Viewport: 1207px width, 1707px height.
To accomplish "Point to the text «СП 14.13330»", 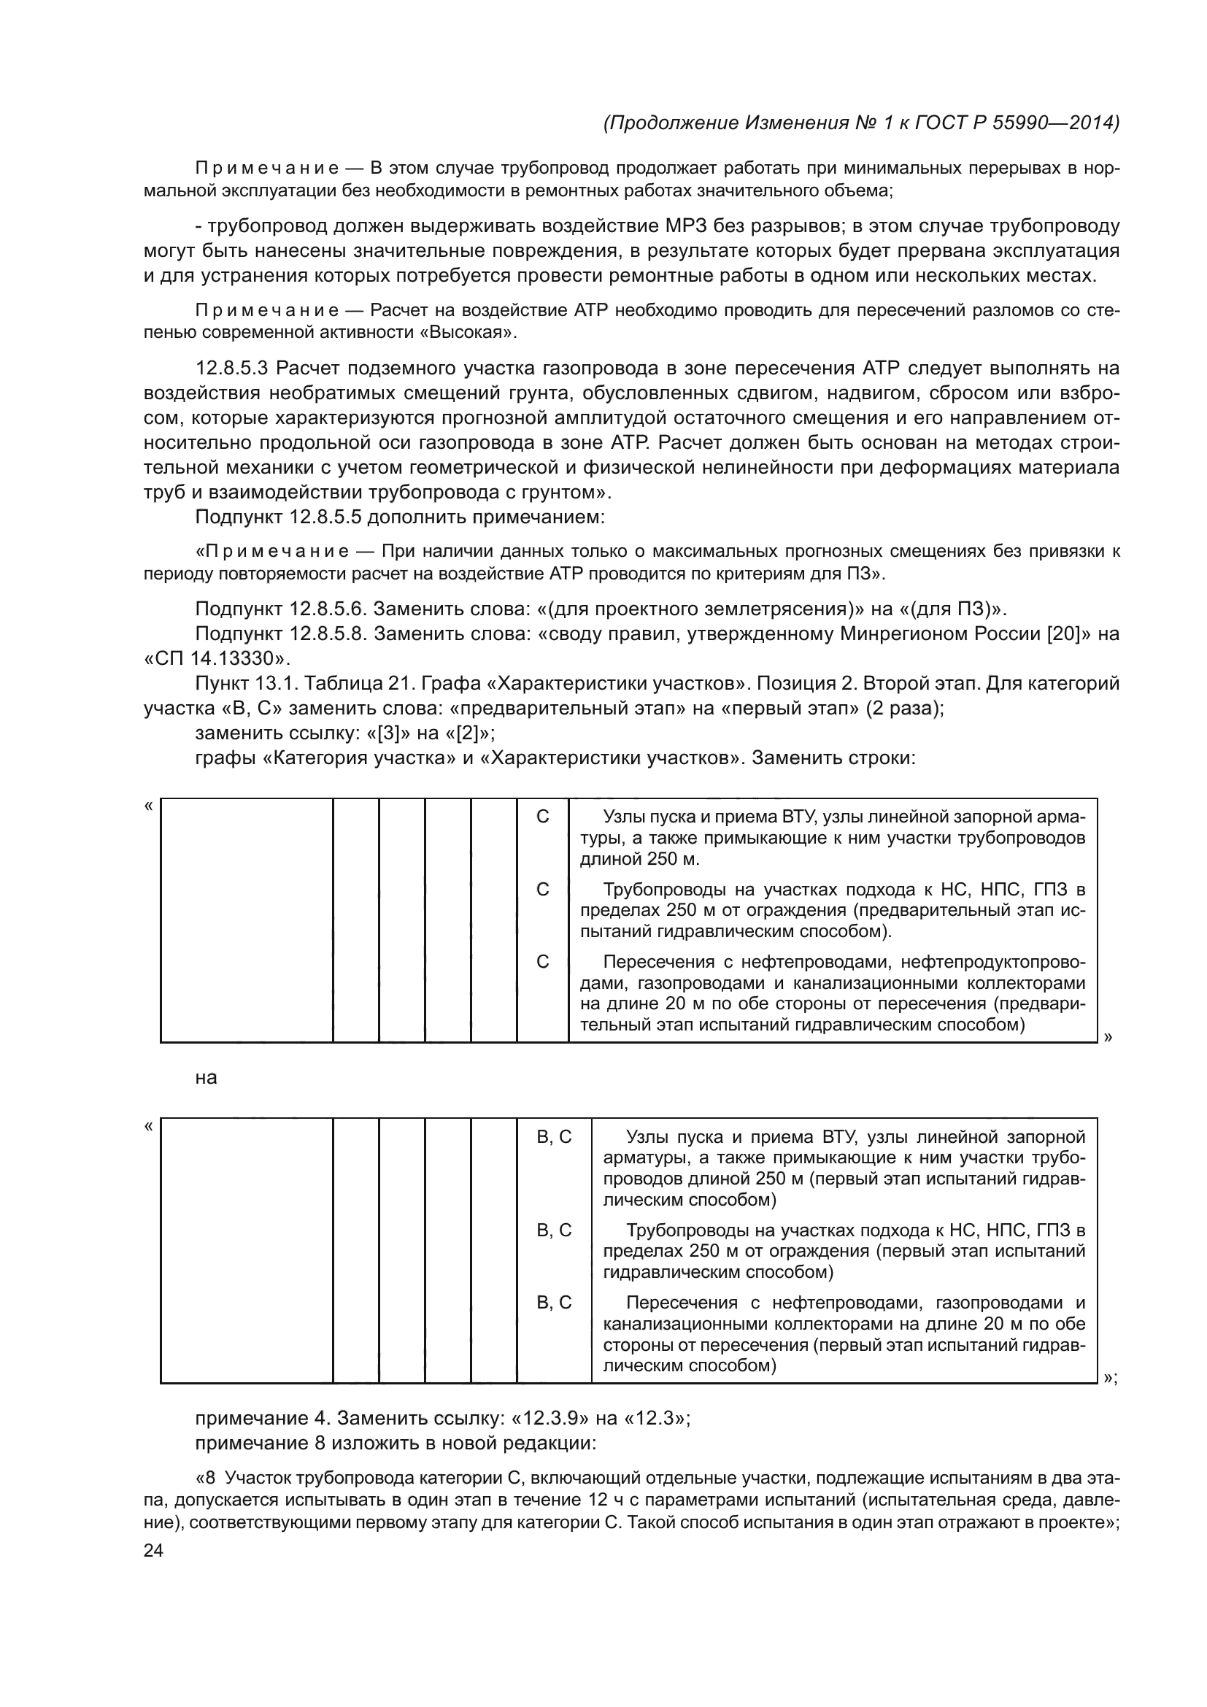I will coord(216,659).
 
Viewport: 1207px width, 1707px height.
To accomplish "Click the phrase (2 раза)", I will coord(904,709).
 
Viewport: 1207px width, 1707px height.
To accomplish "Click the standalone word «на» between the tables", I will coord(206,1078).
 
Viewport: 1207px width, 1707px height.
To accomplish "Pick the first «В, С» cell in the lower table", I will coord(555,1138).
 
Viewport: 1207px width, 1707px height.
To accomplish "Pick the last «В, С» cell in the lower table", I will coord(555,1303).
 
